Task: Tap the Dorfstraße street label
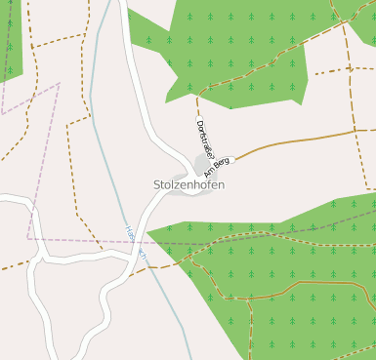coord(204,139)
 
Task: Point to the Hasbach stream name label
coord(134,240)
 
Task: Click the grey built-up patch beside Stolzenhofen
coord(203,165)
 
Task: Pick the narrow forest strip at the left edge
coord(11,39)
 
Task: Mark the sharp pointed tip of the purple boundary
coord(59,84)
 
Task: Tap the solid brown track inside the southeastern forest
coord(313,285)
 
